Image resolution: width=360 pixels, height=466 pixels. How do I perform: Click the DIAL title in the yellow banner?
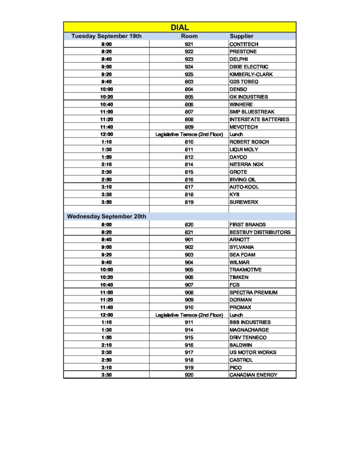[180, 28]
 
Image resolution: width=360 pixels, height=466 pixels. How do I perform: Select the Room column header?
[189, 36]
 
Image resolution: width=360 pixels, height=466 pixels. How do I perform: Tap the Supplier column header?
[241, 36]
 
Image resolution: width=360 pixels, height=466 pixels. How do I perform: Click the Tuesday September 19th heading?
[106, 36]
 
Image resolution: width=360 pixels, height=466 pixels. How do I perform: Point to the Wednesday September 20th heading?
[106, 217]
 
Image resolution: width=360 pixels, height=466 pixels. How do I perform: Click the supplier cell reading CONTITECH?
[244, 44]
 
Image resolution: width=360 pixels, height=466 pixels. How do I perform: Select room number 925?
[189, 74]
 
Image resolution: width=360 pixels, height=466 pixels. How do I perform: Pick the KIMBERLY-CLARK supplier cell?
[251, 74]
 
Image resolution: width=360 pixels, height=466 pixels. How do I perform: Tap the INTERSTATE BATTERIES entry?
[259, 119]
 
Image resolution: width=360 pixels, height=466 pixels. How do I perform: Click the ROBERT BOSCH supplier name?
[249, 142]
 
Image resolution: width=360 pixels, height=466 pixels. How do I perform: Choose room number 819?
[189, 202]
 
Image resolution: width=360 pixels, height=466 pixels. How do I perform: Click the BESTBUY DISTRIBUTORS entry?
[259, 232]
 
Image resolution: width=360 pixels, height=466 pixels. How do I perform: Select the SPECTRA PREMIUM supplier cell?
[253, 292]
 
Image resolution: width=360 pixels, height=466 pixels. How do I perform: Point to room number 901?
[189, 239]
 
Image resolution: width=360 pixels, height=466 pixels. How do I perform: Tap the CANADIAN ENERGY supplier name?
[253, 375]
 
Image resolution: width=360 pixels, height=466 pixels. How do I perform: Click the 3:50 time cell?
[106, 202]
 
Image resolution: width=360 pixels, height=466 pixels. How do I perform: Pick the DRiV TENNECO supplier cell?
[248, 337]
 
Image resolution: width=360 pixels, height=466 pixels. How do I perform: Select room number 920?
[189, 375]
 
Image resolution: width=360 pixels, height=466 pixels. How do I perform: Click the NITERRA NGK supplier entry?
[246, 164]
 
